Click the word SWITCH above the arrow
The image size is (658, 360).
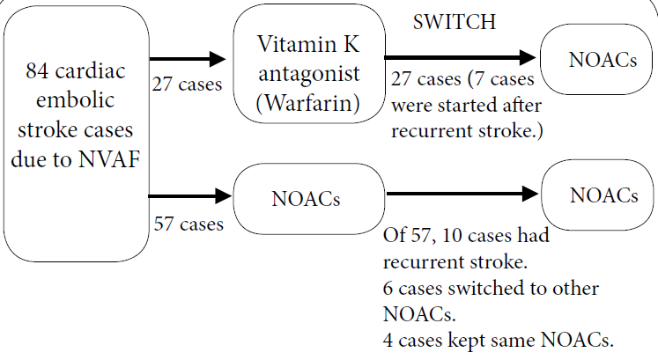454,22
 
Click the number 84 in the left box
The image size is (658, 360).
40,71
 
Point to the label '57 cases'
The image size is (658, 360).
187,224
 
